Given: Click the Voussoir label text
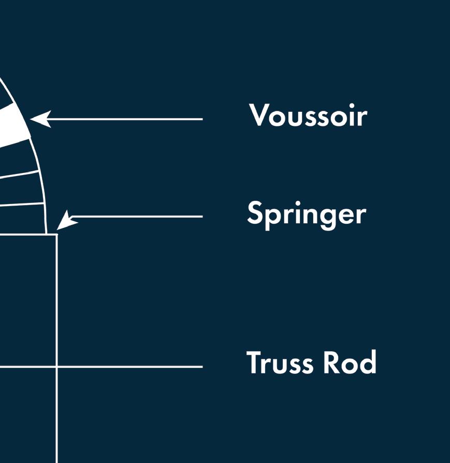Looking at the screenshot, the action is point(308,115).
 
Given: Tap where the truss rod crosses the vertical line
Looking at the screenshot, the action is point(56,367).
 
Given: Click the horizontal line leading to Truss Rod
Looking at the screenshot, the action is point(129,367).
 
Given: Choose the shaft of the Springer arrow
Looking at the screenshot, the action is point(140,216).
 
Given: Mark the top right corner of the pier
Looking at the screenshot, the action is point(56,235).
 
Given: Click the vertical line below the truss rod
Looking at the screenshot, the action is point(56,414).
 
